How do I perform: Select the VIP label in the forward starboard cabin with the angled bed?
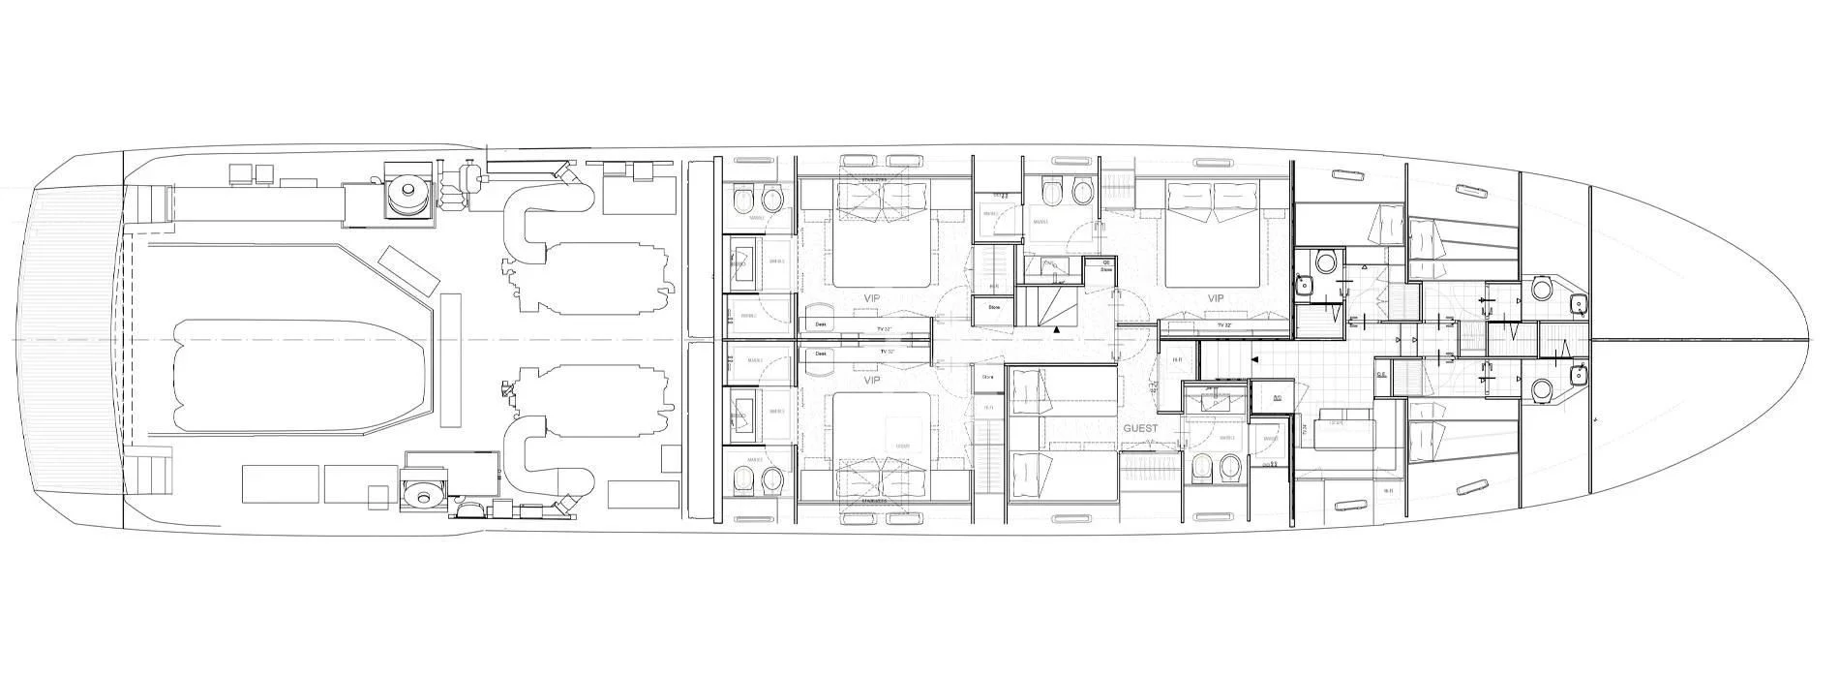(1216, 298)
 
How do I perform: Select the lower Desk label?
(820, 354)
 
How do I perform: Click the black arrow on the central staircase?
(1057, 330)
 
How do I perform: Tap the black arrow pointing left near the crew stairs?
(1255, 359)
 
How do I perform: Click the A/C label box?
(1277, 397)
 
